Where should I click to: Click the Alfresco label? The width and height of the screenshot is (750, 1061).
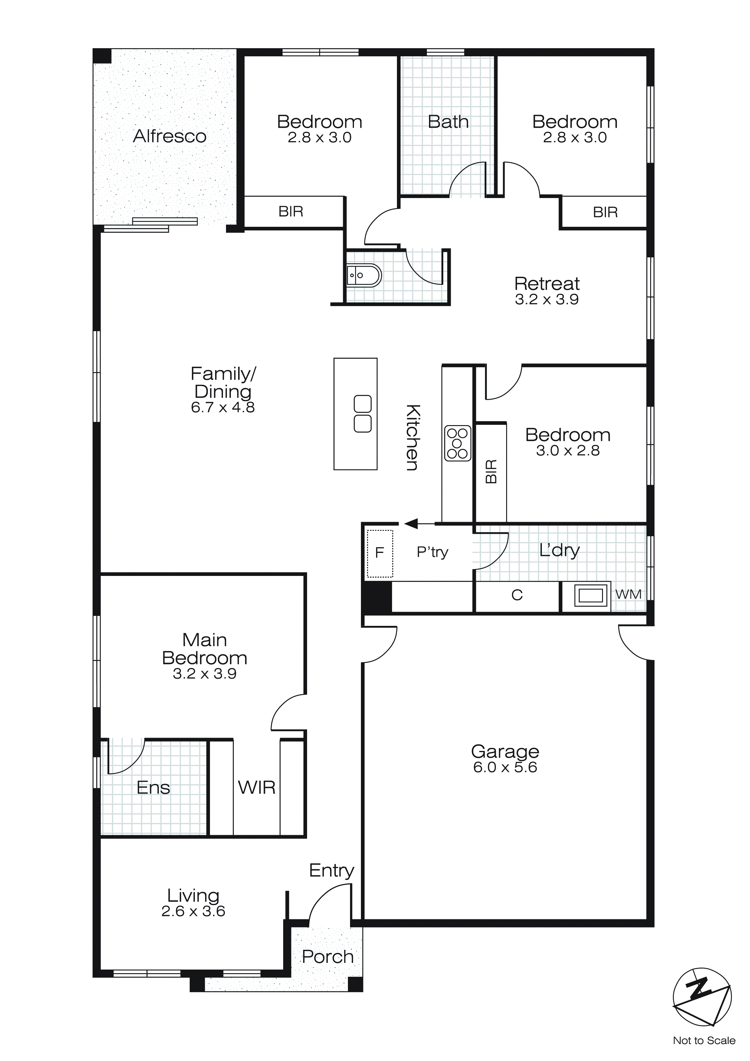(x=169, y=136)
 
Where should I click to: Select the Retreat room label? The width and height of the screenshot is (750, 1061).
(x=547, y=283)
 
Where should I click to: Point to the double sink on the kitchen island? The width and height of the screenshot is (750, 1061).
(x=362, y=414)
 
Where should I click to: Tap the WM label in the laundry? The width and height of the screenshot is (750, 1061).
(x=628, y=594)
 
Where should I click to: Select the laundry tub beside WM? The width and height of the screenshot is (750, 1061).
(x=591, y=596)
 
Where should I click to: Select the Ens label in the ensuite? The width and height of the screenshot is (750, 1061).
(x=153, y=788)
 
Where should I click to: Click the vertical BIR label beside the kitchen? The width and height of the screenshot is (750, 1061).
(x=491, y=471)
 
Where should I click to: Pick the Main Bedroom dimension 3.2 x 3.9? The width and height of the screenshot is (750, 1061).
(x=205, y=673)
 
